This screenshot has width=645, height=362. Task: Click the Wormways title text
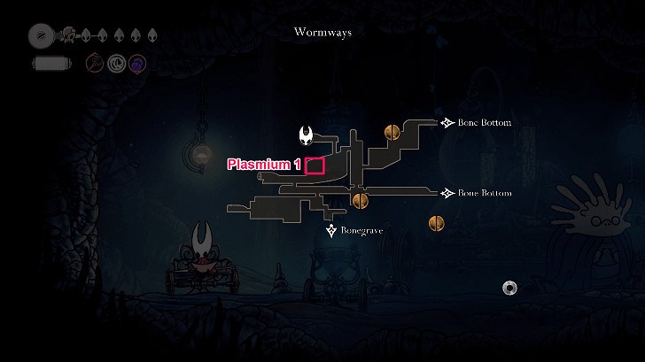(322, 32)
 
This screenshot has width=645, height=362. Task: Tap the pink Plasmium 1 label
(264, 165)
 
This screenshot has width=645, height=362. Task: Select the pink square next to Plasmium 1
(315, 166)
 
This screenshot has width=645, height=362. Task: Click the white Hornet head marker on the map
(306, 135)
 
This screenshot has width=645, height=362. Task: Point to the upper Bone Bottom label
(485, 122)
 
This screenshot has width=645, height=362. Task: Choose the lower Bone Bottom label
(485, 193)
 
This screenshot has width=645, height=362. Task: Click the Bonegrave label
(361, 230)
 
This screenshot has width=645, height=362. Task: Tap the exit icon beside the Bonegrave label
(331, 230)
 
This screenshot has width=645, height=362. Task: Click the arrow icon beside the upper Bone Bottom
(447, 122)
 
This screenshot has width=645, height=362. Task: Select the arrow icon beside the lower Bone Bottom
(447, 193)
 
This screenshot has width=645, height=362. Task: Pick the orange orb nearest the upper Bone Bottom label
(392, 133)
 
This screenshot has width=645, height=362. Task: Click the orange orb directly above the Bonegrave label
(361, 201)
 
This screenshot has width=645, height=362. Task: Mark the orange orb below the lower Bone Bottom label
(437, 224)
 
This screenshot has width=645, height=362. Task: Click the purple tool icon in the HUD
(137, 64)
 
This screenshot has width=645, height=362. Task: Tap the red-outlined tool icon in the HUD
(95, 63)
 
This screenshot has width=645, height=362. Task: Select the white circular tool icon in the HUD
(116, 64)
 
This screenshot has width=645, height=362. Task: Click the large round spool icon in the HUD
(41, 35)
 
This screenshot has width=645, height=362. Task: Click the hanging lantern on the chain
(200, 154)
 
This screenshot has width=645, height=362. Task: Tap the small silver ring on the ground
(509, 288)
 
